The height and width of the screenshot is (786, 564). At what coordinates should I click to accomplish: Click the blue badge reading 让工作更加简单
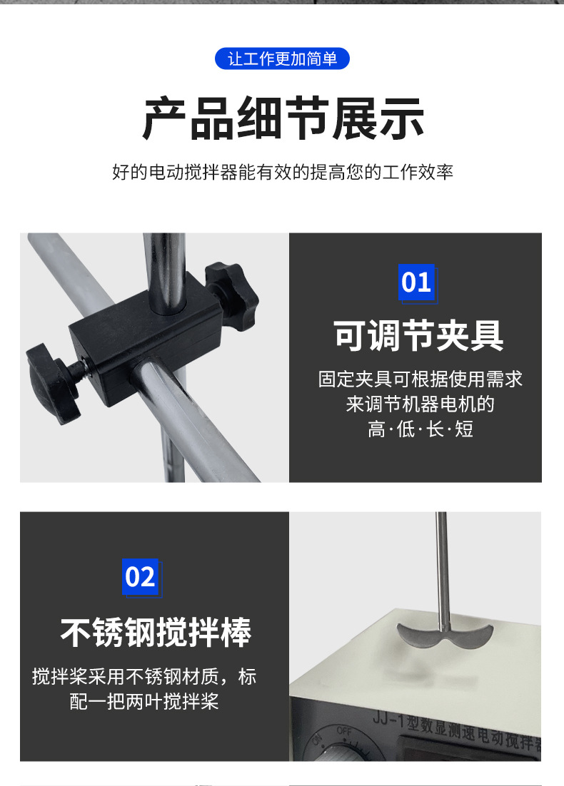282,58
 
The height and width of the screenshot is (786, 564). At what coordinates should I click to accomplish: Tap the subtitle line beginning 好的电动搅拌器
283,173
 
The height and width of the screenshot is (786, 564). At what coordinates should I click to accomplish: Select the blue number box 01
416,282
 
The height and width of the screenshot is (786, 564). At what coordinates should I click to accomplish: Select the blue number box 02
140,577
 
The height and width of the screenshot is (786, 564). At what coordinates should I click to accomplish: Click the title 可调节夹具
418,336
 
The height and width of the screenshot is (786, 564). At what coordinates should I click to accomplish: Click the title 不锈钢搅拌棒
155,632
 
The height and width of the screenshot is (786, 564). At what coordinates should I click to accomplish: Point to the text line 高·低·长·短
420,429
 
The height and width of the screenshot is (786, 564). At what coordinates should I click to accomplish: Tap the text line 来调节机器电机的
420,404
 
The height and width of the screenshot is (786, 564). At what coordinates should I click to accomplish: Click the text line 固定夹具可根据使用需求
420,379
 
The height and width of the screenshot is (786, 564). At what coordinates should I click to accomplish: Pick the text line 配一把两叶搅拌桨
143,701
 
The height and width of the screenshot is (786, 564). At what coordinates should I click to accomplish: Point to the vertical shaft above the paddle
442,563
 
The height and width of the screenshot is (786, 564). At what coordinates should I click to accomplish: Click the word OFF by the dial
344,731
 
